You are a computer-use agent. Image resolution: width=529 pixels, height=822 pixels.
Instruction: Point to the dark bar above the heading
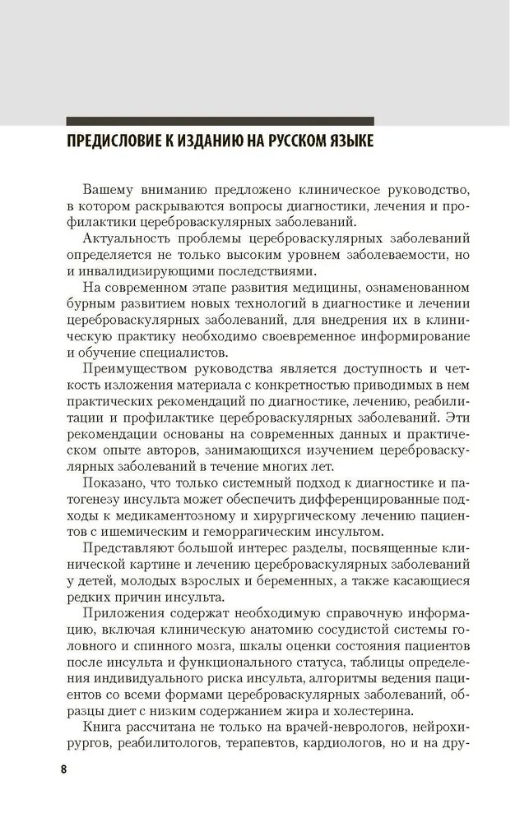coord(220,120)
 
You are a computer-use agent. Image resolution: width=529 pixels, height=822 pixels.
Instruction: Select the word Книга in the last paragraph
coord(103,723)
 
